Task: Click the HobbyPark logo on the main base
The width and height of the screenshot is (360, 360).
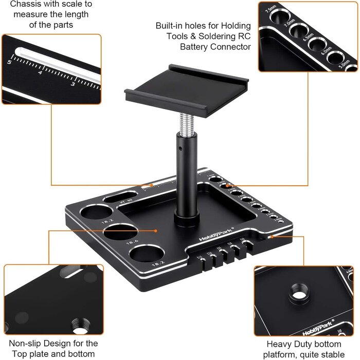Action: click(216, 235)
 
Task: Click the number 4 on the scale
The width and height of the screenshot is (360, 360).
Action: click(40, 73)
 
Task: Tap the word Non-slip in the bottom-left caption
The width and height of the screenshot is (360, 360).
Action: click(22, 343)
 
